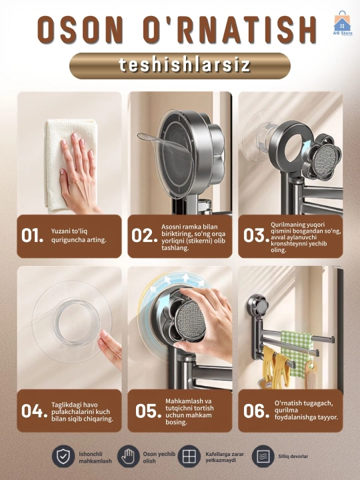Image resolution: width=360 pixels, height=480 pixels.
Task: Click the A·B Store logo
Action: point(343,23)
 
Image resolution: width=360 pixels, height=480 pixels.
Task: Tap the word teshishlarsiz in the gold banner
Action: point(185,65)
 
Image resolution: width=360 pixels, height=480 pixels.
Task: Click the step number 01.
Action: point(32,235)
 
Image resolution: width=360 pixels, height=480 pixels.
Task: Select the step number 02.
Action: point(144,235)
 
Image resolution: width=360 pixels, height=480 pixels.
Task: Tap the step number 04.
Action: point(34,411)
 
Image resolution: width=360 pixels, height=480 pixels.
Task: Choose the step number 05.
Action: point(148,411)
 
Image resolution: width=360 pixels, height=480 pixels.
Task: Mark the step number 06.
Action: point(256,411)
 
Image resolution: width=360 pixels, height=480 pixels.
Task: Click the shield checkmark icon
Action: point(63,457)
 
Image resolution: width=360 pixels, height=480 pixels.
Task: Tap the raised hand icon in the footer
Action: point(129,457)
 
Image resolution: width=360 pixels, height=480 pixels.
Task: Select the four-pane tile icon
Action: point(189,457)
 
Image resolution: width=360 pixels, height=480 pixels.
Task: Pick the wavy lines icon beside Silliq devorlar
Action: point(263,457)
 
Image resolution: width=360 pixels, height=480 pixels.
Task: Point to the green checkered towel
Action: point(296,352)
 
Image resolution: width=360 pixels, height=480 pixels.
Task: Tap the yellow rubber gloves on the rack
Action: point(275,366)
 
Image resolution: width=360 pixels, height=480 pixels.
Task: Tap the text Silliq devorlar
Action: point(293,457)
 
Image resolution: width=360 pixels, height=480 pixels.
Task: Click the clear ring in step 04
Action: point(75,321)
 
